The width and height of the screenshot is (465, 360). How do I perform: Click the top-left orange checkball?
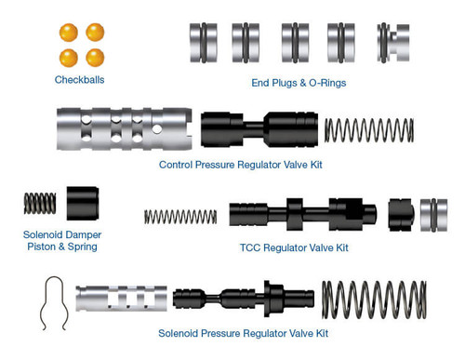68,32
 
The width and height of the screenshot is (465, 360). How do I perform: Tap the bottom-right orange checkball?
95,57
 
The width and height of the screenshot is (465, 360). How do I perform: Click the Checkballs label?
79,80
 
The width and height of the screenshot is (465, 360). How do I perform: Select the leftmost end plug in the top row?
203,43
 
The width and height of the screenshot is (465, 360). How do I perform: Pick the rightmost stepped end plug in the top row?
393,43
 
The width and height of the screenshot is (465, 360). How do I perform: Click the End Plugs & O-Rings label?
299,83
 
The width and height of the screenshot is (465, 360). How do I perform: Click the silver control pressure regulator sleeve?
124,128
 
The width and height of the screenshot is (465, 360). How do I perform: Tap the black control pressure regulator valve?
259,129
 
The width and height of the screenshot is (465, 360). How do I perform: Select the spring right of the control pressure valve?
368,130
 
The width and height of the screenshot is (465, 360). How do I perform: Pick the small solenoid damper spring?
40,203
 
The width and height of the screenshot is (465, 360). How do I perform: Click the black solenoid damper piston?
82,203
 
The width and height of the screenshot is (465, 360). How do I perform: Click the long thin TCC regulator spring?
180,217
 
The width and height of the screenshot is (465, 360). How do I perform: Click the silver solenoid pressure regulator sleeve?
121,300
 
